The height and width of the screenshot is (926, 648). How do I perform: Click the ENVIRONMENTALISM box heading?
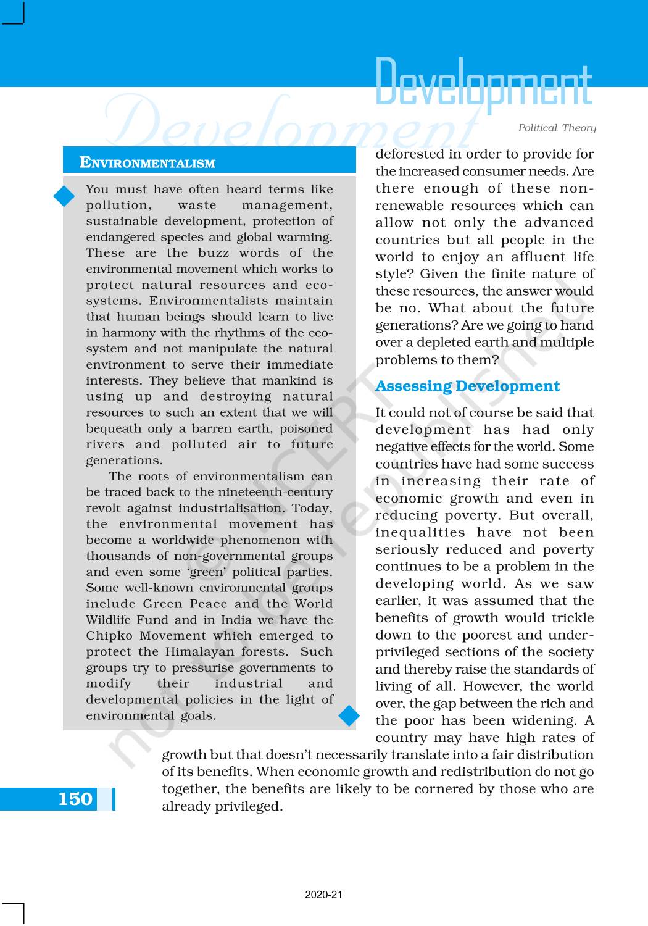coord(147,163)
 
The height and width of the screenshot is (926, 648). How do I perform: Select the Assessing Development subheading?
coord(467,386)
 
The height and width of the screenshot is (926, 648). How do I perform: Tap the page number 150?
coord(75,799)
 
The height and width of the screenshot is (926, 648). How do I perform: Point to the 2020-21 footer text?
coord(323,895)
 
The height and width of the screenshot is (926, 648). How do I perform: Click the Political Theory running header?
coord(557,128)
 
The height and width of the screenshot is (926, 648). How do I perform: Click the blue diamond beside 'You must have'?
coord(64,196)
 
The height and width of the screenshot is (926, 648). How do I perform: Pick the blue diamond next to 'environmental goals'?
coord(349,715)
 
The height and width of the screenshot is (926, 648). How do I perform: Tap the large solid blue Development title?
coord(483,83)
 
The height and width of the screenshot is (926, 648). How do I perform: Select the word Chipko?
coord(109,636)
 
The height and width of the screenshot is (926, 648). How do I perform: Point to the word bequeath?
coord(114,428)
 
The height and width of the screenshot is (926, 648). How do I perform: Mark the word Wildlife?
coord(109,620)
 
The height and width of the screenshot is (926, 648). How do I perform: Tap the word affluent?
coord(512,257)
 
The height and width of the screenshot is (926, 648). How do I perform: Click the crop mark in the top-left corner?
coord(14,14)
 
